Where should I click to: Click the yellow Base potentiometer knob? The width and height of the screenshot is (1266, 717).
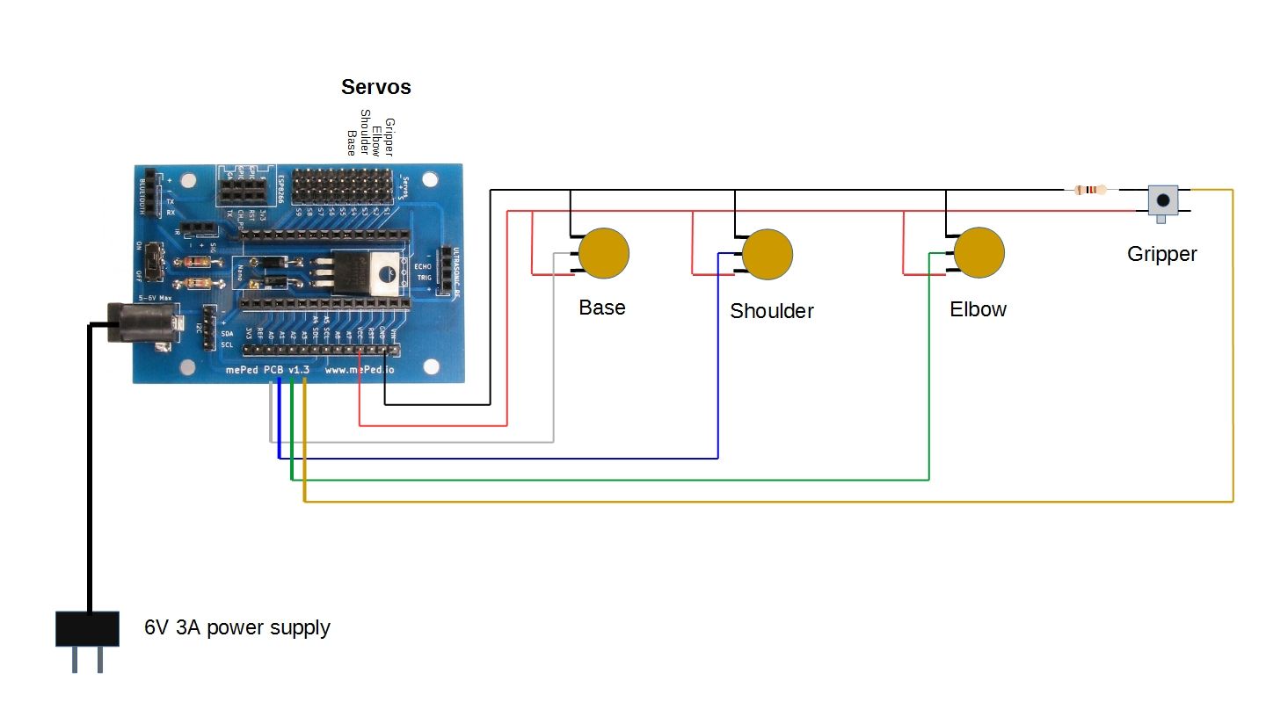tap(604, 252)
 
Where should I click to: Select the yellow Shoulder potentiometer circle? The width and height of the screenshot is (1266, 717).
tap(768, 254)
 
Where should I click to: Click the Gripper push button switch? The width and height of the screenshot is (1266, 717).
tap(1164, 199)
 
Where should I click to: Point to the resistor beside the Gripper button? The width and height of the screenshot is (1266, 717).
tap(1090, 189)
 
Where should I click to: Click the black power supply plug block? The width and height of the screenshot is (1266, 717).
tap(87, 628)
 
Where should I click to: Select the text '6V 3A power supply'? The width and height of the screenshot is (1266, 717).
tap(237, 628)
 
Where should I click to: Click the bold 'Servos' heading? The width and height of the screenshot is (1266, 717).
tap(375, 87)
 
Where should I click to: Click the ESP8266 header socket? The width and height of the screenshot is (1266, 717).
tap(243, 189)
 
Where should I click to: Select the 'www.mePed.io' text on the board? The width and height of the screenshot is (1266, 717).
tap(360, 371)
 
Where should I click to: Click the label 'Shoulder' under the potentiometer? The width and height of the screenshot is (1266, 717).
tap(771, 311)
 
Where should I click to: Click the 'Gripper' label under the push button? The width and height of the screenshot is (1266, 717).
tap(1161, 255)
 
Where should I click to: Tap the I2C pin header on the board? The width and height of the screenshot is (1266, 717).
tap(209, 327)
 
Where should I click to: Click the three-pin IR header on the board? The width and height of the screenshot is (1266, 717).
tap(203, 229)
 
